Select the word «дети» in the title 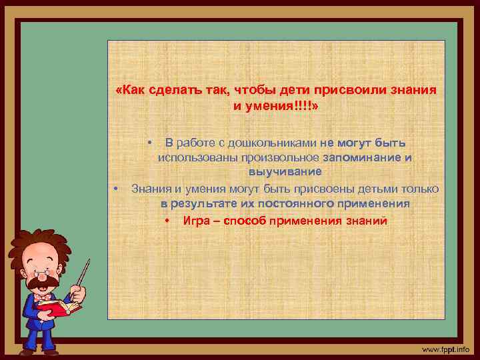[287, 90]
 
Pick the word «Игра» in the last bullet [197, 221]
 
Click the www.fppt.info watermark [445, 349]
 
